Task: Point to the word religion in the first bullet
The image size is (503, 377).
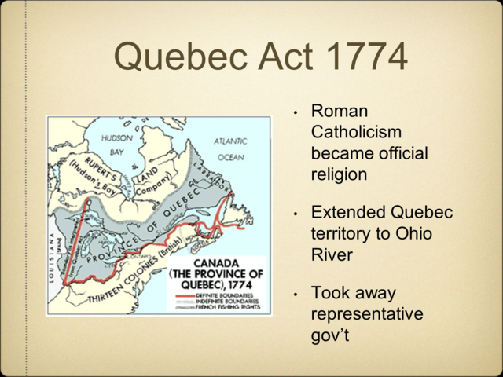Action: coord(339,173)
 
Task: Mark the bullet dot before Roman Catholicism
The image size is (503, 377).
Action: coord(295,113)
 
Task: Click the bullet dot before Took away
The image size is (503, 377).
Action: coord(295,295)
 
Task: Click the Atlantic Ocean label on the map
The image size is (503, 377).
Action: coord(230,149)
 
